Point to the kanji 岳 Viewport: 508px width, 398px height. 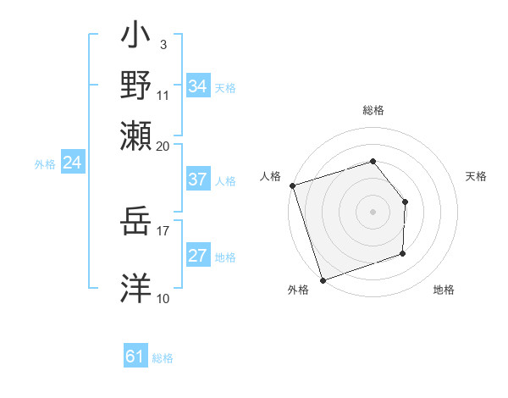pos(136,224)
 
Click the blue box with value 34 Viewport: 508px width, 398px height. pos(198,86)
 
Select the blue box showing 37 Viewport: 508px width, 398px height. pos(197,180)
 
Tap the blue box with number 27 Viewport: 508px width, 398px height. pos(197,256)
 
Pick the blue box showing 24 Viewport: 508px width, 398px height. pos(72,163)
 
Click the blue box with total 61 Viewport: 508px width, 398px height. pos(135,357)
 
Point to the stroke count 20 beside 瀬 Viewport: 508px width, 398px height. pos(163,146)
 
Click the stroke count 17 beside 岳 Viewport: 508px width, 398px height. pos(163,229)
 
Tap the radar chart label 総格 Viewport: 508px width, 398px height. pos(373,110)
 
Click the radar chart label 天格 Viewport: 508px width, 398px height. pos(477,176)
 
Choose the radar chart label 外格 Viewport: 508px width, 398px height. pos(297,290)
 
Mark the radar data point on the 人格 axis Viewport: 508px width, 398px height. pos(292,185)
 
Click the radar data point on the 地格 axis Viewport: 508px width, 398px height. pos(403,253)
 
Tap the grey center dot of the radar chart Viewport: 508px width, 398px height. pos(373,211)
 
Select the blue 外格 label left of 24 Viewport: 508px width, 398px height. pos(45,164)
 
